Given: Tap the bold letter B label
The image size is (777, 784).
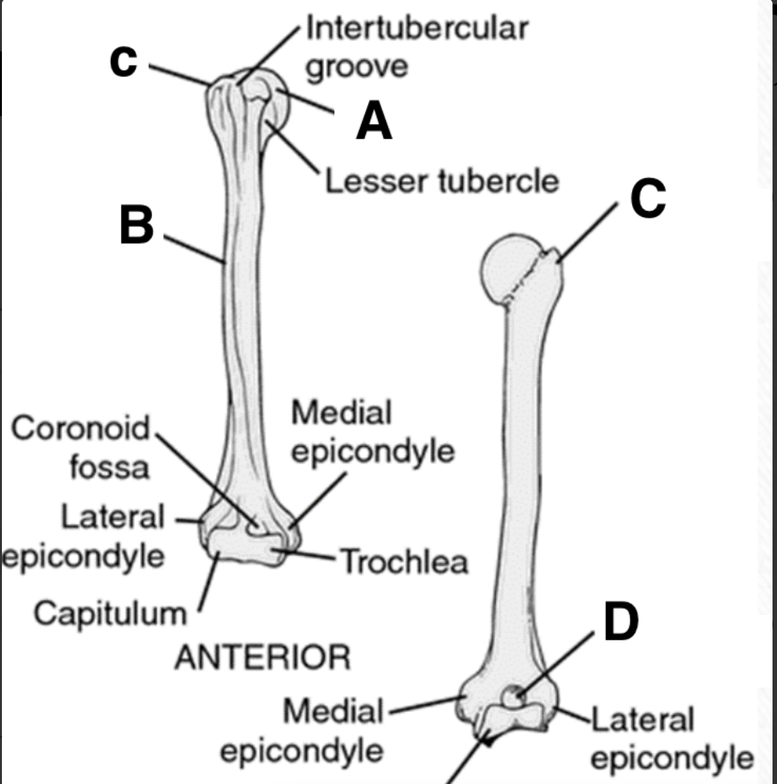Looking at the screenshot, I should pos(137,225).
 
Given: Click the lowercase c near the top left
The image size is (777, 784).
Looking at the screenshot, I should pos(123,61).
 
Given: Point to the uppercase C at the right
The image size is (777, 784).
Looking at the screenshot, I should pos(647,198).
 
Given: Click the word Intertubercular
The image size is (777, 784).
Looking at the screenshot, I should pos(417,28).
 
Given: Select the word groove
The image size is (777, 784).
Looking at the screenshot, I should pos(356,67).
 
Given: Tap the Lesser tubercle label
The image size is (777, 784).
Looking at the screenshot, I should pos(442,182).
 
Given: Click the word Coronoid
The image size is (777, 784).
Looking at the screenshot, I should pos(80,427).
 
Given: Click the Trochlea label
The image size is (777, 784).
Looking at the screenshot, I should pos(404,562).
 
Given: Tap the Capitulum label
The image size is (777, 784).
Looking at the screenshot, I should pos(110,613).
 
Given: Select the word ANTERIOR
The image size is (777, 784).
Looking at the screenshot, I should pos(263,658).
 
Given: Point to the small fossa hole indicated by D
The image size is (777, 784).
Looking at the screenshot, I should pos(512,697).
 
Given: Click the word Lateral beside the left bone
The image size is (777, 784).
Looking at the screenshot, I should pos(113,516).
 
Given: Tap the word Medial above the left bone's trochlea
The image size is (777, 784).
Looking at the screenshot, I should pos(341,413).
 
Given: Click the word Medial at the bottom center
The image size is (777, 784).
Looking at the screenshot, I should pos(333,712).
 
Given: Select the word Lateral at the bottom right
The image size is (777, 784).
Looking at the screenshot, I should pos(642,719).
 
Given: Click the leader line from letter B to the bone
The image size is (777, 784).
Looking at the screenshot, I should pos(193,249).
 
